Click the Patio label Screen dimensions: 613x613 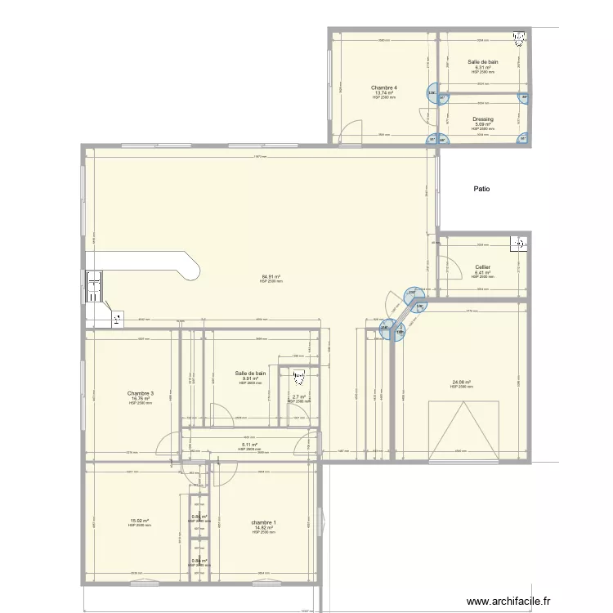pyautogui.click(x=481, y=189)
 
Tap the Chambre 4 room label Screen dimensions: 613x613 pyautogui.click(x=383, y=87)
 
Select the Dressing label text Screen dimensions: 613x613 pyautogui.click(x=482, y=119)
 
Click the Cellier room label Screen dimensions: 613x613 pyautogui.click(x=482, y=267)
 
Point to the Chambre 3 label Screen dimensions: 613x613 pyautogui.click(x=140, y=393)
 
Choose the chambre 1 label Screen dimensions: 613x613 pyautogui.click(x=263, y=522)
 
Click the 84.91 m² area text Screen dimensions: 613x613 pyautogui.click(x=271, y=277)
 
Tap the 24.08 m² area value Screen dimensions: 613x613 pyautogui.click(x=463, y=382)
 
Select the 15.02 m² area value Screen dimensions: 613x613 pyautogui.click(x=140, y=521)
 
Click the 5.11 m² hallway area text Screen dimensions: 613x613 pyautogui.click(x=249, y=445)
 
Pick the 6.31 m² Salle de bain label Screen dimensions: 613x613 pyautogui.click(x=482, y=67)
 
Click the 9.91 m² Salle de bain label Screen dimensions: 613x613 pyautogui.click(x=249, y=378)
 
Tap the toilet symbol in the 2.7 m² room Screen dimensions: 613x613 pyautogui.click(x=298, y=376)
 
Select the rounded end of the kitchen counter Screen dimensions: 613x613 pyautogui.click(x=193, y=266)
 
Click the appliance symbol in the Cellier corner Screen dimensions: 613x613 pyautogui.click(x=517, y=243)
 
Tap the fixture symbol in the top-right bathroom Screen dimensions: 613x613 pyautogui.click(x=518, y=38)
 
